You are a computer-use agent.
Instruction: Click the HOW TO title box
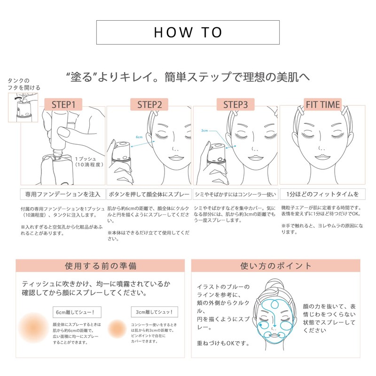point(188,32)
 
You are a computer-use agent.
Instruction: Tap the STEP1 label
point(63,104)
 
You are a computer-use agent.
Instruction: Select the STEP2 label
point(149,104)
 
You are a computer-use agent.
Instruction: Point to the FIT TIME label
point(322,104)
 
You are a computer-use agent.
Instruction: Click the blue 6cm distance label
point(139,137)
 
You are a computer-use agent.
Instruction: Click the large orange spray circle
point(34,326)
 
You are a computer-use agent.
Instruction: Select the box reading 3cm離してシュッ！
point(154,312)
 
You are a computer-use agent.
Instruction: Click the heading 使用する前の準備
point(101,266)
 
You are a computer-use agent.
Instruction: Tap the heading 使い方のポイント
point(275,266)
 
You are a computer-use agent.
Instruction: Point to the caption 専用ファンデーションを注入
point(63,194)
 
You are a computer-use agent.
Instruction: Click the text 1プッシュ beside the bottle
point(86,159)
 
